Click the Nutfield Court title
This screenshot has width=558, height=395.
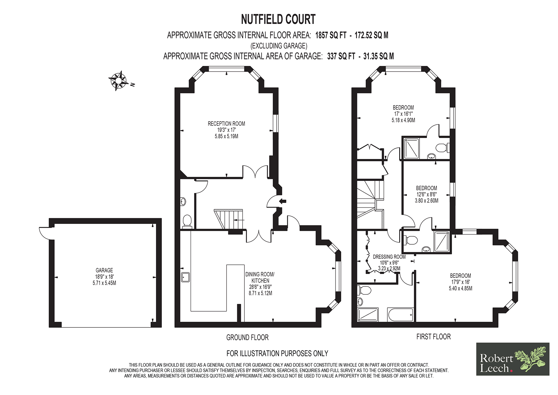[278, 19]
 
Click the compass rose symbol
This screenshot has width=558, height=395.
[118, 81]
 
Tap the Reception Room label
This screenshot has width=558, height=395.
[226, 124]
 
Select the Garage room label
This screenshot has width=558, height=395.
[104, 270]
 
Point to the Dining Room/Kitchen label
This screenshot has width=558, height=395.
[260, 277]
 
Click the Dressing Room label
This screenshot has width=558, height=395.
[389, 257]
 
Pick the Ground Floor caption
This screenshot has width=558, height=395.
[247, 337]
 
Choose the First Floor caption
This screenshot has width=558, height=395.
[434, 337]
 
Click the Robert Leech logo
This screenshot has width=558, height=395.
[513, 359]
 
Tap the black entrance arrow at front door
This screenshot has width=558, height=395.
[283, 201]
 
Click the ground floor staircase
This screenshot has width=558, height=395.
[229, 219]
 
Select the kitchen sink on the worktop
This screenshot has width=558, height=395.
[185, 277]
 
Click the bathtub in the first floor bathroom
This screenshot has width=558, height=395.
[400, 315]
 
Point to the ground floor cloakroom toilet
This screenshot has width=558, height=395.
[187, 221]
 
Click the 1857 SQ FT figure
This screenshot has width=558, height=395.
[331, 35]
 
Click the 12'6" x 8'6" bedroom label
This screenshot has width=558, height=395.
[427, 194]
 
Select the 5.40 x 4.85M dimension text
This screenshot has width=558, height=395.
[461, 288]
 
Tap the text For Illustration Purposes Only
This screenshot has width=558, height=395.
[277, 354]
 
